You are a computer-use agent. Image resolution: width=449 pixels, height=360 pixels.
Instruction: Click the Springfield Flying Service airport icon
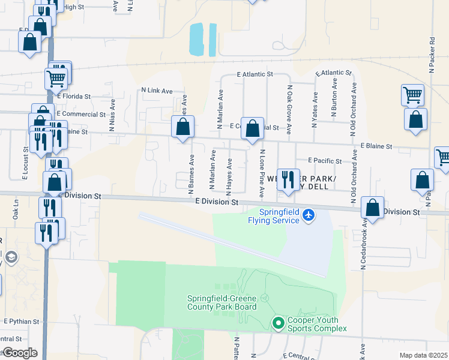[309, 214]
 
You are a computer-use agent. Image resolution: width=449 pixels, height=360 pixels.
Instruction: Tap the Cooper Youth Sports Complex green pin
[278, 323]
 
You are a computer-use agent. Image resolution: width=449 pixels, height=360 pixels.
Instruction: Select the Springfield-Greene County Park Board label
[221, 302]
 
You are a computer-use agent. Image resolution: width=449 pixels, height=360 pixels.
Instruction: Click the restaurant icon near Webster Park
[289, 178]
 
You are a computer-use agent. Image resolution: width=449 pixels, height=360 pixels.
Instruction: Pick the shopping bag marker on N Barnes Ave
[182, 127]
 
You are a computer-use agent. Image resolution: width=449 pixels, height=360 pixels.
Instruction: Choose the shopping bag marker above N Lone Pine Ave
[253, 128]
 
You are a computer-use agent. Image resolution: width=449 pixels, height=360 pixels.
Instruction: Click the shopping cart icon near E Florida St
[56, 77]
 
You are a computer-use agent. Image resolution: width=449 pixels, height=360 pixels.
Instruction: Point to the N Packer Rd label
[432, 56]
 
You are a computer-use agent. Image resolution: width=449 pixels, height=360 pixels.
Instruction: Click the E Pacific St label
[325, 161]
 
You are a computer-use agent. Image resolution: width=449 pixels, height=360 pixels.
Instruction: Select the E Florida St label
[74, 96]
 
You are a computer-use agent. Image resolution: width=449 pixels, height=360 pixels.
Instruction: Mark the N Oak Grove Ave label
[289, 109]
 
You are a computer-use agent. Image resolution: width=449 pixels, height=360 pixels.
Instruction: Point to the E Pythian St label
[21, 322]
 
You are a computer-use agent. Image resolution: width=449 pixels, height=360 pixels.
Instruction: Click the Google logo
[20, 353]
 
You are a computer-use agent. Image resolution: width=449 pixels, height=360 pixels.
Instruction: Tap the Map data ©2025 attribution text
[423, 355]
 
